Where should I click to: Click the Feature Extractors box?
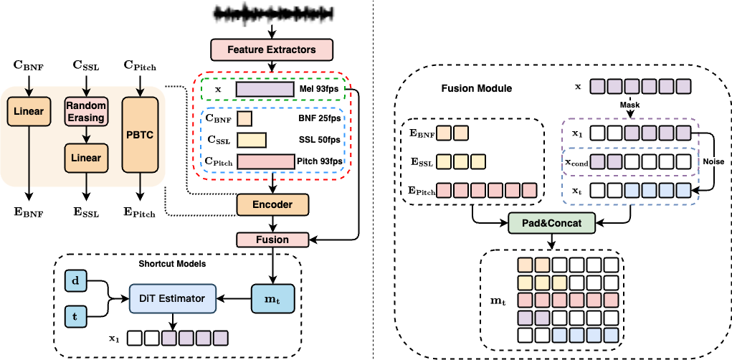pos(272,49)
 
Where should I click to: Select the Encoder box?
pos(272,204)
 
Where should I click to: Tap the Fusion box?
pos(272,240)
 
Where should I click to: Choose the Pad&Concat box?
pos(551,223)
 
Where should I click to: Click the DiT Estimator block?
pos(172,298)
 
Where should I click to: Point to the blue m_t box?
pos(272,298)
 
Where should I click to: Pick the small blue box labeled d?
pos(75,280)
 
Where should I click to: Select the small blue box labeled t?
pos(75,316)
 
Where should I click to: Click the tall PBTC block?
pos(141,135)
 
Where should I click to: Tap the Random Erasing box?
pos(85,111)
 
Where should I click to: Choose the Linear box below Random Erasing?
pos(85,158)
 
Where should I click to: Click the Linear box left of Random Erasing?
pos(29,111)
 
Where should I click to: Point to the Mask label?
pos(629,105)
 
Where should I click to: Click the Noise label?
pos(713,162)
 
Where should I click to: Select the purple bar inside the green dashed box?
pos(265,89)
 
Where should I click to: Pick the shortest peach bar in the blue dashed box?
pos(244,118)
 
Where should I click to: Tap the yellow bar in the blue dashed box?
pos(252,140)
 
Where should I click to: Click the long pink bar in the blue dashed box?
pos(266,161)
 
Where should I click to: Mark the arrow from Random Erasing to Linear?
pos(85,134)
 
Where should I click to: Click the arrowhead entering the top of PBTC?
pos(141,93)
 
